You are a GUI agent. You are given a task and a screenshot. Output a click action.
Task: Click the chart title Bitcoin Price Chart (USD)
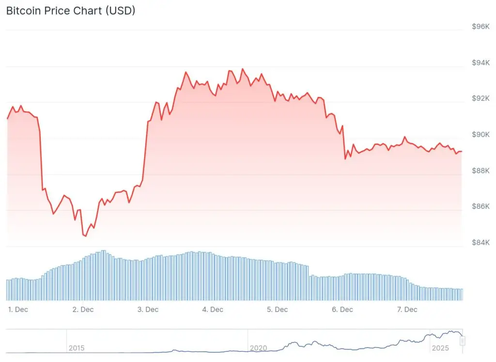(71, 11)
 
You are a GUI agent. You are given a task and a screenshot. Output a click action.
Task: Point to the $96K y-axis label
(480, 27)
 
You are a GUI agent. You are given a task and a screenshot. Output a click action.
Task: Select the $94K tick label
(480, 63)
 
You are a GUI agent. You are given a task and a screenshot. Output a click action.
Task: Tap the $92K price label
(480, 98)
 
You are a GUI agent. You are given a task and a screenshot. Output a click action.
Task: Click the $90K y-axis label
(480, 135)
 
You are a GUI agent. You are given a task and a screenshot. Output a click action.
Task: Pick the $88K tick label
(480, 171)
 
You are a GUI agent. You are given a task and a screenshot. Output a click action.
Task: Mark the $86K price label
(480, 206)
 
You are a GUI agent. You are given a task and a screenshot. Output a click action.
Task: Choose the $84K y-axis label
(480, 242)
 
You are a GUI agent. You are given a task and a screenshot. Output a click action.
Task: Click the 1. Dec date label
(18, 309)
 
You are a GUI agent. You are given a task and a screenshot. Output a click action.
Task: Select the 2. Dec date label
(83, 309)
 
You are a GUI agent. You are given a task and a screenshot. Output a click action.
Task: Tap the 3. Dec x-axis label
(148, 309)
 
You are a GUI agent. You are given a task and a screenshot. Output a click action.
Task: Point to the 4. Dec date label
(213, 309)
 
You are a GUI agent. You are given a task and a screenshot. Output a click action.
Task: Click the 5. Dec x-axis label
(278, 309)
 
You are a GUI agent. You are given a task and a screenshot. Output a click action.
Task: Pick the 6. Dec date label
(342, 309)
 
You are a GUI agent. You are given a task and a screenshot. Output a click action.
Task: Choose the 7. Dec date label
(407, 309)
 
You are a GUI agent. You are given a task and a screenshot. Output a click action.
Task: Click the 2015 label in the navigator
(77, 348)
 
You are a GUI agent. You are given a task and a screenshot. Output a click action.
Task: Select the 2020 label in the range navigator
(258, 348)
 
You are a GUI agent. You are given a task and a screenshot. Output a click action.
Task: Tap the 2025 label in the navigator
(440, 348)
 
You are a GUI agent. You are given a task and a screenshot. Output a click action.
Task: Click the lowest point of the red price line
(85, 236)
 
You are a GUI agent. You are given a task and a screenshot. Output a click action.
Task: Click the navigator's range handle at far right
(463, 341)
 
